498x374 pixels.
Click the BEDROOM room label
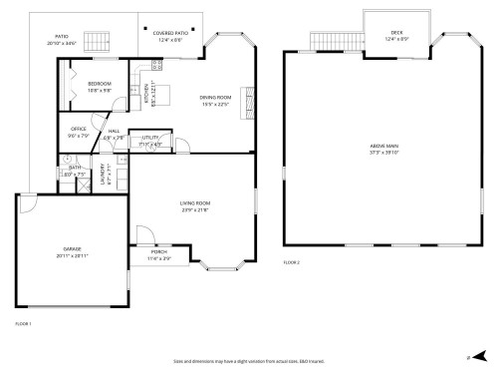pyautogui.click(x=99, y=83)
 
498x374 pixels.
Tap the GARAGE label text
pyautogui.click(x=72, y=248)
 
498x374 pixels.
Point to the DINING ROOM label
pyautogui.click(x=214, y=97)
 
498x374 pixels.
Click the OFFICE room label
pyautogui.click(x=79, y=129)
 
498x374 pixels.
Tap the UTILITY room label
pyautogui.click(x=151, y=138)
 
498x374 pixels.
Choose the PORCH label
pyautogui.click(x=159, y=252)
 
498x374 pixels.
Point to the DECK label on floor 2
pyautogui.click(x=396, y=33)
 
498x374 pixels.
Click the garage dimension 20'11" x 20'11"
pyautogui.click(x=72, y=255)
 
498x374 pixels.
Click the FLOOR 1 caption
pyautogui.click(x=24, y=324)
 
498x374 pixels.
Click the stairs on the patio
pyautogui.click(x=96, y=45)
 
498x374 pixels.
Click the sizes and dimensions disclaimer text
pyautogui.click(x=249, y=361)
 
